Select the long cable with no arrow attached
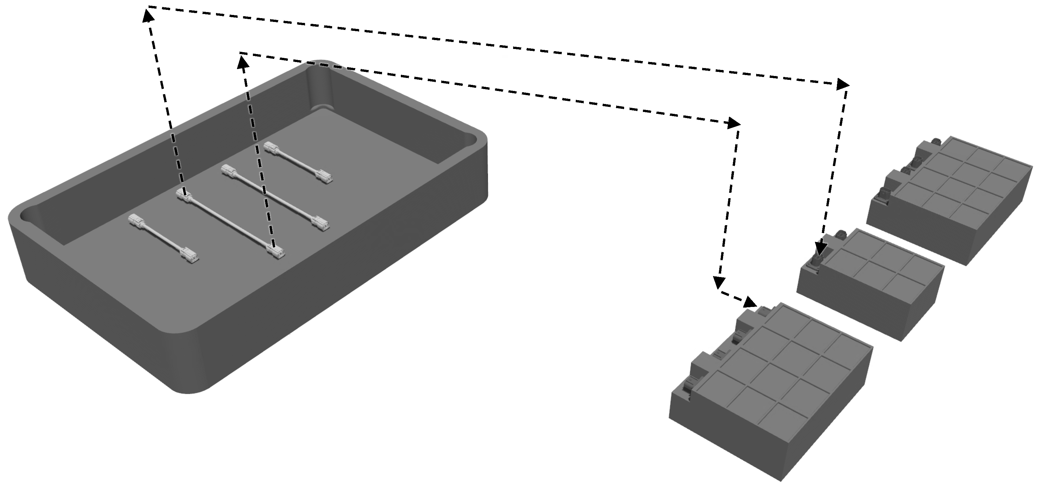tap(274, 198)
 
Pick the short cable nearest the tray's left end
tap(163, 240)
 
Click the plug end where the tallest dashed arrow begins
tap(184, 197)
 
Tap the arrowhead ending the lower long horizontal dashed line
tap(734, 123)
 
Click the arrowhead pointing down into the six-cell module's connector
tap(819, 249)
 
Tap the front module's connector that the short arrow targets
tap(763, 311)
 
